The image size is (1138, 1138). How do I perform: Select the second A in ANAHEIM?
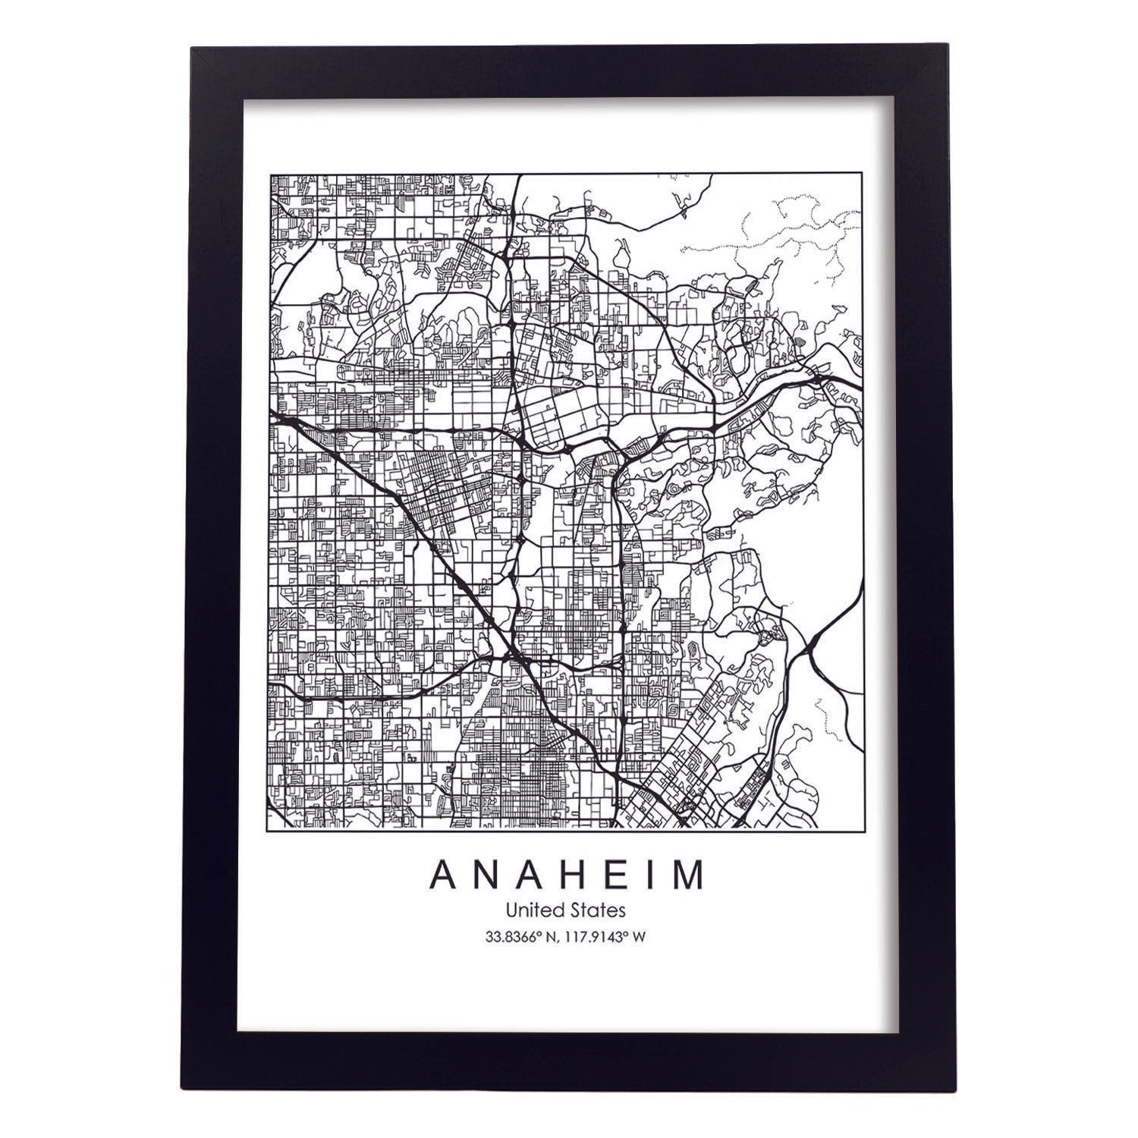527,874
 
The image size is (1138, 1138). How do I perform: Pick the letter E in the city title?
608,874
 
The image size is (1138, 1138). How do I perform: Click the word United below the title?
536,909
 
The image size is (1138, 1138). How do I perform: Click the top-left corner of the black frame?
192,48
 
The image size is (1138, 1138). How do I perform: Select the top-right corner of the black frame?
944,48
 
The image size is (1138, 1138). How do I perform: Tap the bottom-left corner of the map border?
271,827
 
